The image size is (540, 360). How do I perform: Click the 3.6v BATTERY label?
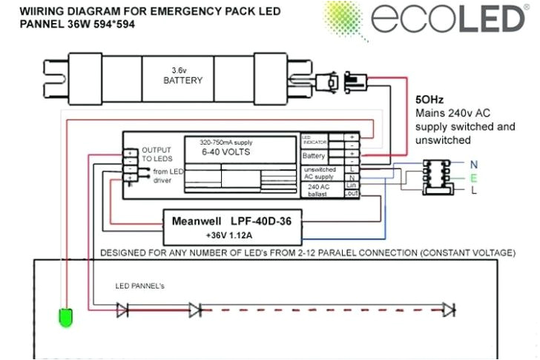182,75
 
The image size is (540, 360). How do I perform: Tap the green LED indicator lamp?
65,317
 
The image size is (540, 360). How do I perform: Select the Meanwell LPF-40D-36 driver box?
231,227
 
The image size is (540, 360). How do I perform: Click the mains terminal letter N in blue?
473,163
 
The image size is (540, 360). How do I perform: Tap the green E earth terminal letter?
473,177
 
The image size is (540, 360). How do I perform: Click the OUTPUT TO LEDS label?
157,154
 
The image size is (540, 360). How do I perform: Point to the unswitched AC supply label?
321,174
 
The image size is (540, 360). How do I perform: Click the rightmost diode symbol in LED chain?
448,309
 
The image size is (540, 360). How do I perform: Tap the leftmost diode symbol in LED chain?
123,309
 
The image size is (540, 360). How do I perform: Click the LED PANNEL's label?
141,285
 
